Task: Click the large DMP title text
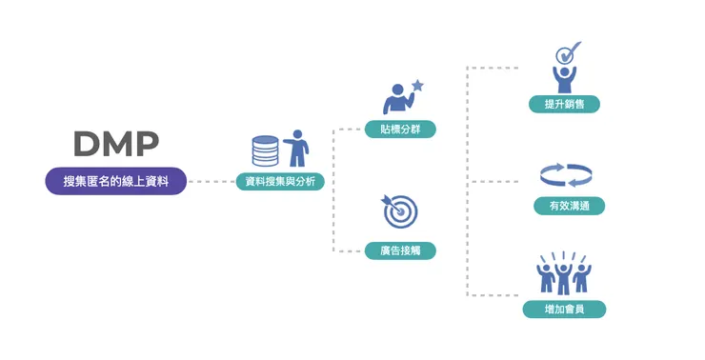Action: coord(115,143)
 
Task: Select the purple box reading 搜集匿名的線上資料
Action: coord(115,181)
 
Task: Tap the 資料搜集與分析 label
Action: coord(280,181)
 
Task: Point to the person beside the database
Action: coord(298,149)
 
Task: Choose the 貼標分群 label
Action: coord(400,129)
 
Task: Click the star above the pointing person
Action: coord(417,86)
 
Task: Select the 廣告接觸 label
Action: coord(400,250)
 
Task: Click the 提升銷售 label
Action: coord(565,104)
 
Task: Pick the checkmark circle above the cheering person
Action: coord(567,52)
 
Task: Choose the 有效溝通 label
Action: coord(569,206)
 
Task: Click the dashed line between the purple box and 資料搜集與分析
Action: coord(211,181)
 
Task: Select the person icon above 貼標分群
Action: coord(394,99)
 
